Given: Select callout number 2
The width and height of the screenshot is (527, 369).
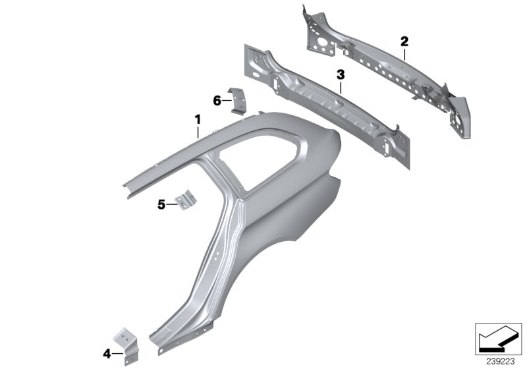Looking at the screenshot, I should (404, 42).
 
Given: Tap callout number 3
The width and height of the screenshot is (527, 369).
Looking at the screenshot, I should (341, 76).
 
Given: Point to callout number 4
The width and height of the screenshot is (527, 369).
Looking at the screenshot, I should (107, 354).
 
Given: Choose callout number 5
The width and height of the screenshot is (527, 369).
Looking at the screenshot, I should (161, 204).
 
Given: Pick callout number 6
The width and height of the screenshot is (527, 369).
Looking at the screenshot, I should (217, 100).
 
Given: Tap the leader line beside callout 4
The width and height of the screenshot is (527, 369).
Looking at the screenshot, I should (116, 354).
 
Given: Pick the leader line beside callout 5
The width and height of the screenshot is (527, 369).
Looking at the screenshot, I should (171, 204).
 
